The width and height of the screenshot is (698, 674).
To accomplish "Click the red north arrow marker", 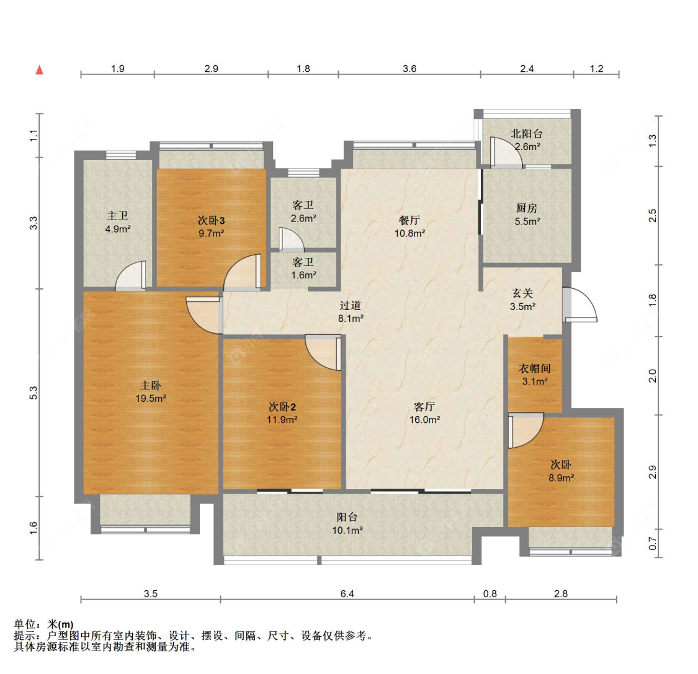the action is point(40,70).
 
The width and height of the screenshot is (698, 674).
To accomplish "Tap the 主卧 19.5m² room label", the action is point(151,391).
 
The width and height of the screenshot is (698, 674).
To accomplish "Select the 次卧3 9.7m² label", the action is point(211,226).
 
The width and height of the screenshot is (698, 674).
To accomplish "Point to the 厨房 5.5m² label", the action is point(527,215).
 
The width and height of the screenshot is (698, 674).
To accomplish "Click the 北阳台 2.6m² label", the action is point(527,140).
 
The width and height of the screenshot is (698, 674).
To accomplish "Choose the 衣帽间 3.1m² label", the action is point(535,375).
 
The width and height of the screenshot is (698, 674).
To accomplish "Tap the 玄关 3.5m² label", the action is point(522,299).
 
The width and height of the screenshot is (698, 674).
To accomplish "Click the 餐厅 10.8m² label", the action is point(409,226).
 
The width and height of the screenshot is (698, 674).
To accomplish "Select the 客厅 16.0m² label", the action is point(424,413).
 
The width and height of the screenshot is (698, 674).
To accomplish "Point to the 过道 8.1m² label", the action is point(351,311).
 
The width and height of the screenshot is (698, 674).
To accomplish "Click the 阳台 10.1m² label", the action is point(347,523).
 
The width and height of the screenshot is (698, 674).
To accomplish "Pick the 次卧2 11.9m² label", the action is point(282,413).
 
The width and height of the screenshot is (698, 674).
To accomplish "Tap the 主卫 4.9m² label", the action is point(117,222).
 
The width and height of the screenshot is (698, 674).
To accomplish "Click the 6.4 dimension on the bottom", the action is point(347,593).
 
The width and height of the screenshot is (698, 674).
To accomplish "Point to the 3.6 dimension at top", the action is point(409,68).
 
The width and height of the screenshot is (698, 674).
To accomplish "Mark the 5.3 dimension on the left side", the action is point(34,393).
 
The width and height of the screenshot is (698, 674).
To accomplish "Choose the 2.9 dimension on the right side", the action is point(652,472).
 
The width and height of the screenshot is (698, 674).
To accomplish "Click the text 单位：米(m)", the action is point(43,624).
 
